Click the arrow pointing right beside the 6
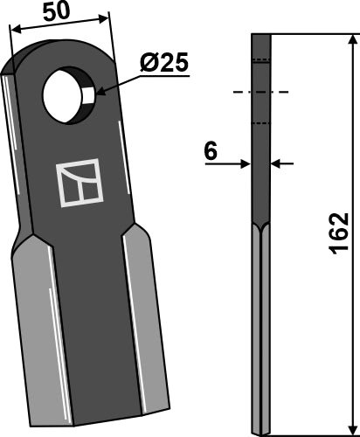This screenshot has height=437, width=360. click(x=244, y=163)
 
